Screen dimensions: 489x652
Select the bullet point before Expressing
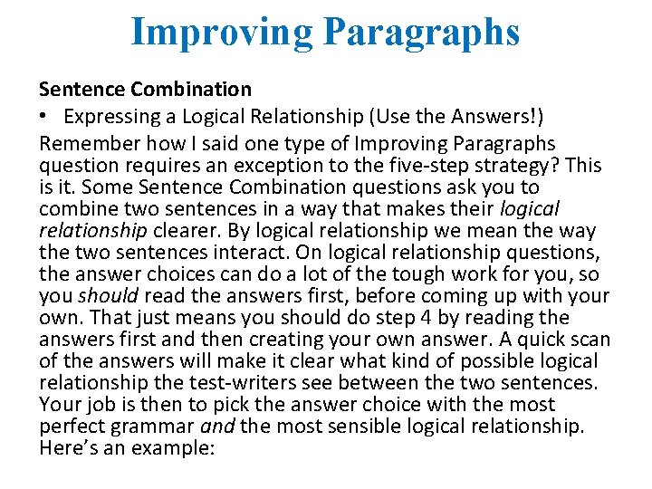(44, 115)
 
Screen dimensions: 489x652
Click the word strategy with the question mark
(520, 165)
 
